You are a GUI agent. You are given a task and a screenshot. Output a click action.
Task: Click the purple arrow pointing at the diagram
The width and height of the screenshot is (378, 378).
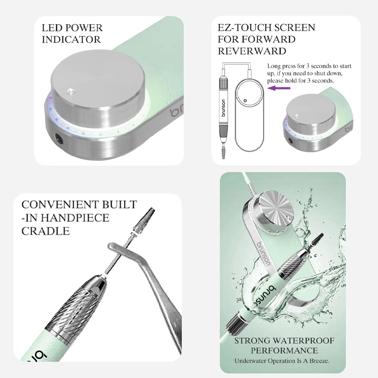(x=279, y=88)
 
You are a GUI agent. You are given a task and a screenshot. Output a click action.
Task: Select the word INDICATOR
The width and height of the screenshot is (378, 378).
(x=71, y=40)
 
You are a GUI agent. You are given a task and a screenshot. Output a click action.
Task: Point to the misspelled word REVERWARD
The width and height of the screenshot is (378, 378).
(x=252, y=51)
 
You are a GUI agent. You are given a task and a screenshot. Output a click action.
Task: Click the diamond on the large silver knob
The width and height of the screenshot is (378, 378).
(x=71, y=91)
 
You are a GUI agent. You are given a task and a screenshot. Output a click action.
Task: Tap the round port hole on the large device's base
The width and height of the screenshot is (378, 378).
(x=59, y=139)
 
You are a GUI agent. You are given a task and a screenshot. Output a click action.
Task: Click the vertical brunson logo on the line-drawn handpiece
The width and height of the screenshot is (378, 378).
(x=223, y=108)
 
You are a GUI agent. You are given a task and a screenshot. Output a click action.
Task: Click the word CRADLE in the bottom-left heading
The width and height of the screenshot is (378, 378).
(x=46, y=231)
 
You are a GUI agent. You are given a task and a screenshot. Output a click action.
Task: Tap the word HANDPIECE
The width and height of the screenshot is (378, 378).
(x=75, y=218)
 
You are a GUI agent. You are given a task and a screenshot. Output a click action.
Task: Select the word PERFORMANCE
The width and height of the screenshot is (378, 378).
(x=284, y=350)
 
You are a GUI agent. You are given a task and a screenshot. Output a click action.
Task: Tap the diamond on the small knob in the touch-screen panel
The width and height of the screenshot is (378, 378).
(x=297, y=116)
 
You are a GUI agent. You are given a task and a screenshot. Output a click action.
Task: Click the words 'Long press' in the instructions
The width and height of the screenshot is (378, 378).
(x=278, y=66)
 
